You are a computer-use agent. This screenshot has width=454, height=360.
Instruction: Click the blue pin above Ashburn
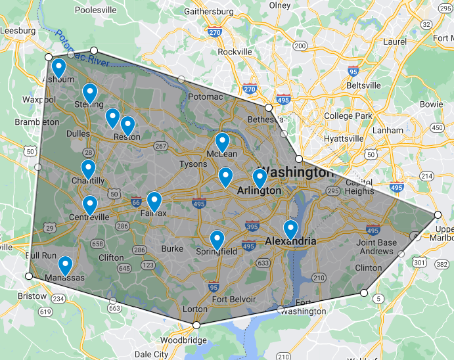58,67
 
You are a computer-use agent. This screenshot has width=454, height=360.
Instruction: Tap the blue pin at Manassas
65,265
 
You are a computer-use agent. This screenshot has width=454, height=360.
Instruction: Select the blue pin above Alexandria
290,228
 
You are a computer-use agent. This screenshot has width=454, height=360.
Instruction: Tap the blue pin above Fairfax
154,200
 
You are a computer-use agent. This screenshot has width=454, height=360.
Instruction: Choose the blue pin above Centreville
90,204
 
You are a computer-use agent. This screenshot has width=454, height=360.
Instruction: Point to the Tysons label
193,164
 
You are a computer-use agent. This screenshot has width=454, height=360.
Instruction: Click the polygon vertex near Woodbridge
196,325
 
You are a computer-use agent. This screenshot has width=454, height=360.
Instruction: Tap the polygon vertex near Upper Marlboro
438,214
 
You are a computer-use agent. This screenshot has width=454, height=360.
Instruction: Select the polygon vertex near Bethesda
268,107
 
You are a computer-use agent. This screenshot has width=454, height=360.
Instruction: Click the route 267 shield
160,146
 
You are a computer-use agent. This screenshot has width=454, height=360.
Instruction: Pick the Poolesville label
97,11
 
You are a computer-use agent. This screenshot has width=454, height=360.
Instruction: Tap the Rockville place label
235,52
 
